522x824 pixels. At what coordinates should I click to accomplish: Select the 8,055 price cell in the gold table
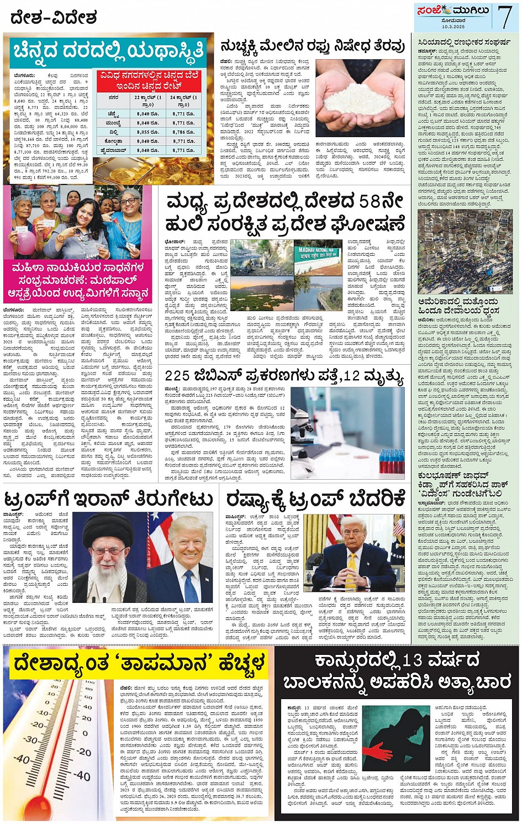147,132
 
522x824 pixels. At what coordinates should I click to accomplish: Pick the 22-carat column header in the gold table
147,100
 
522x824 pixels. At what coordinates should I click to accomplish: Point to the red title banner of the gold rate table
148,81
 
